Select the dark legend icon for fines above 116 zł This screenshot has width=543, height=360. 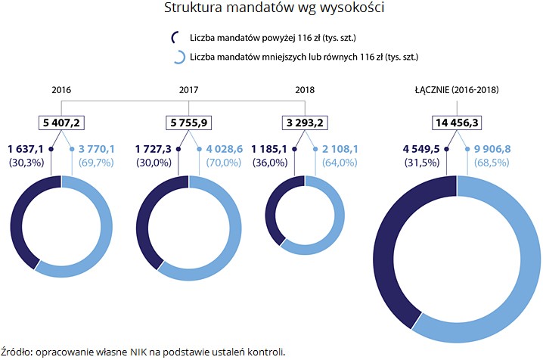pos(176,37)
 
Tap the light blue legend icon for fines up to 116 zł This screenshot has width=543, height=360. pos(178,56)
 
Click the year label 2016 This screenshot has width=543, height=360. pos(61,89)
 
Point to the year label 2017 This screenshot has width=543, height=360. pos(189,89)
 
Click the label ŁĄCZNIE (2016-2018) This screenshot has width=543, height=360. pos(456,89)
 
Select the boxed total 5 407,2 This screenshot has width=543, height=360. pos(61,123)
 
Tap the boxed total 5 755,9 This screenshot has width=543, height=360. pos(189,123)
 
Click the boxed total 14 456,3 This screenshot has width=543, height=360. pos(457,123)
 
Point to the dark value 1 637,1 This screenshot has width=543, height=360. pos(27,149)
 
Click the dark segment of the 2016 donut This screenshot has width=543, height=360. pos(22,219)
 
